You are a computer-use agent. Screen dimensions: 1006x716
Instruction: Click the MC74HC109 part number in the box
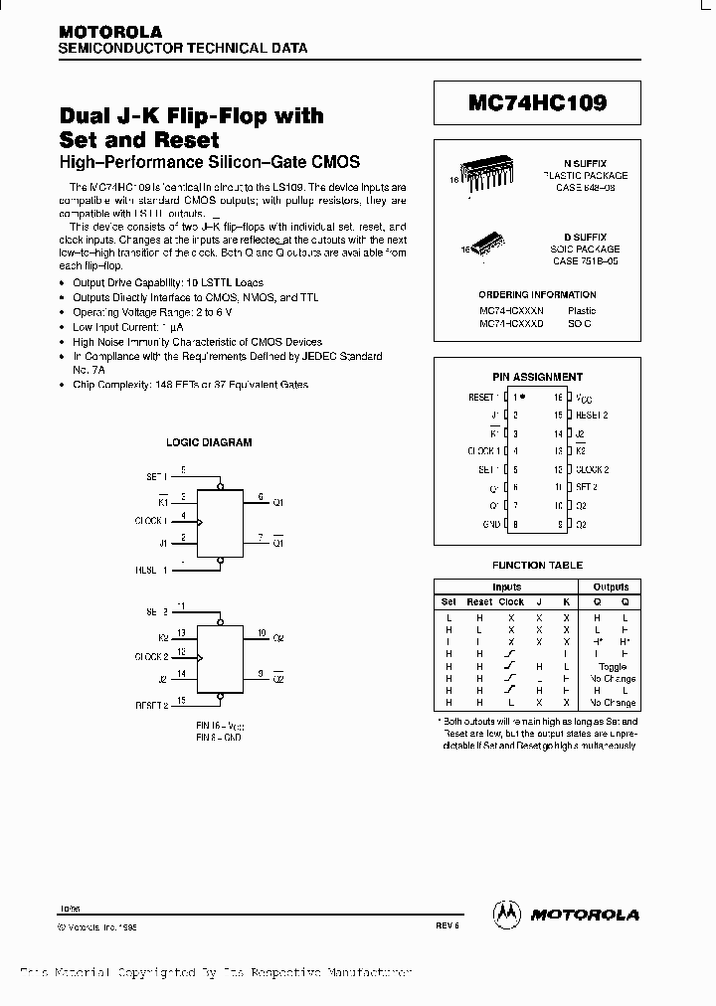click(x=537, y=103)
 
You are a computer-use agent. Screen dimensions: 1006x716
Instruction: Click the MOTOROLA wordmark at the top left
click(x=109, y=32)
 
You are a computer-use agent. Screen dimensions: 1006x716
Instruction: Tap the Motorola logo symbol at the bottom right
click(x=507, y=914)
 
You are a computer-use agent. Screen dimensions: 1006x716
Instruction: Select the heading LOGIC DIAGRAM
click(x=208, y=442)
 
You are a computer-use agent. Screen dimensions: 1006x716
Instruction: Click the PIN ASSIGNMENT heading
click(x=537, y=377)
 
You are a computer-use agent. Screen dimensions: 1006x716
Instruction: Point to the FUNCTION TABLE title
click(x=537, y=565)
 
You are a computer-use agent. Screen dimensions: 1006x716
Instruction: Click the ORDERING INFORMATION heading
click(x=537, y=294)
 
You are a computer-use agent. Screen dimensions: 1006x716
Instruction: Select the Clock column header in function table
click(x=511, y=602)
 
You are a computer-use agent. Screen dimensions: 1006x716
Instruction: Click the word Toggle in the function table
click(x=613, y=667)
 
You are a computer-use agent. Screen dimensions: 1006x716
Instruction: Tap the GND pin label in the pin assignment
click(x=491, y=524)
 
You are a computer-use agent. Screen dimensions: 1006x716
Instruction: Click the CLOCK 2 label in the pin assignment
click(x=592, y=469)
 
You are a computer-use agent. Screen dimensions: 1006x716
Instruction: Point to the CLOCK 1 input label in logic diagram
click(x=151, y=519)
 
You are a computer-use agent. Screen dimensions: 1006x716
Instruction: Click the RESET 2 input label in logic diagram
click(x=151, y=702)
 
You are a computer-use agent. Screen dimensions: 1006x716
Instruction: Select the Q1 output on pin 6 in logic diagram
click(x=278, y=503)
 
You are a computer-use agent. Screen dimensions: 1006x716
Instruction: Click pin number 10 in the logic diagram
click(x=262, y=632)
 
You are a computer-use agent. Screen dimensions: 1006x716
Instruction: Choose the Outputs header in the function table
click(x=611, y=587)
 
